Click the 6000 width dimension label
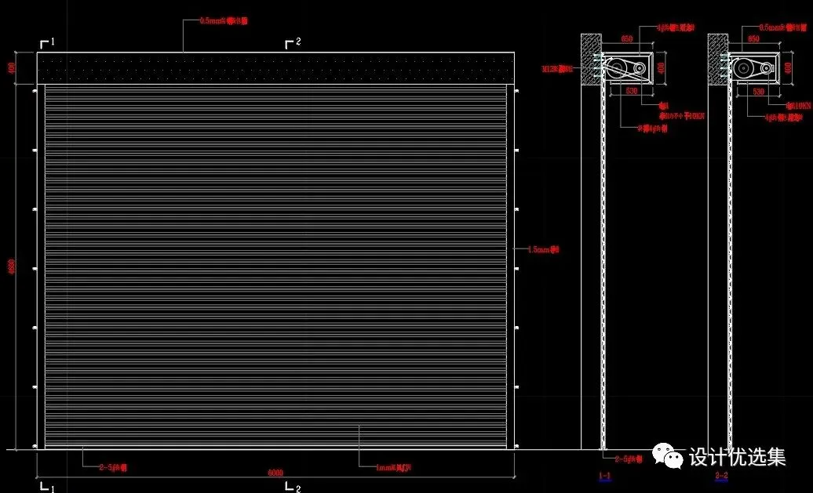coord(275,473)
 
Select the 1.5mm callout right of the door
coord(544,249)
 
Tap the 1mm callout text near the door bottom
coord(392,468)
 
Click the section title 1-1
coord(604,476)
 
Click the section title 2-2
coord(721,476)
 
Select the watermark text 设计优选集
coord(737,456)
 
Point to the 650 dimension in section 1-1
coord(627,38)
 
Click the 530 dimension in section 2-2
coord(758,92)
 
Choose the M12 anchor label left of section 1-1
coord(558,69)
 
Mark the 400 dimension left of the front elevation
coord(11,67)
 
